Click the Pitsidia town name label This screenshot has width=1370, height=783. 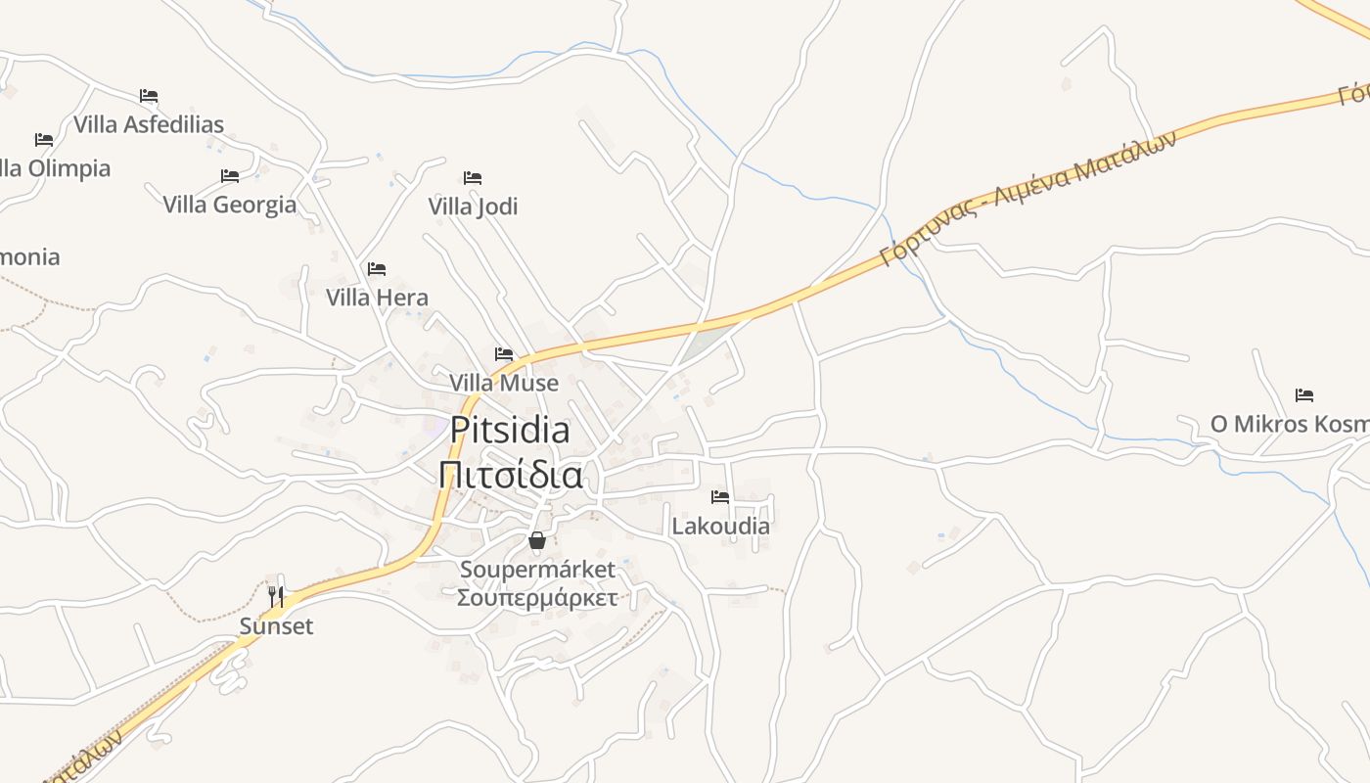coord(510,431)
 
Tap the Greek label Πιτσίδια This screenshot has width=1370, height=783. coord(510,475)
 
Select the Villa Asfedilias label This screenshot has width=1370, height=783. coord(149,124)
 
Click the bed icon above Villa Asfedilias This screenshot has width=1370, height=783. coord(149,96)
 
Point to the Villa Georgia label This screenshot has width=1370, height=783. coord(229,205)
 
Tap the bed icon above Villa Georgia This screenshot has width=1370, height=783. coord(230,176)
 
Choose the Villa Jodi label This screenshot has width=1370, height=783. coord(473,207)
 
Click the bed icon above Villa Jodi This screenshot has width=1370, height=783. coord(473,178)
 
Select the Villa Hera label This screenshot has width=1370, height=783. coord(377,298)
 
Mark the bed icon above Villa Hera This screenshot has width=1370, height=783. coord(377,269)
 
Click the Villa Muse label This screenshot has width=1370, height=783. coord(504,383)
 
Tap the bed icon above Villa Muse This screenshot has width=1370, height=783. coord(504,354)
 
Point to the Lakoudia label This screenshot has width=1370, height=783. coord(720,526)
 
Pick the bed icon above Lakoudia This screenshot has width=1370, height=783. coord(720,497)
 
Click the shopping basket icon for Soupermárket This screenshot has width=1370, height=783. coord(537,539)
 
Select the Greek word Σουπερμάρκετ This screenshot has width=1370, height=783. coord(537,598)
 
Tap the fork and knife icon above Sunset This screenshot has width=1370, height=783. coord(277,596)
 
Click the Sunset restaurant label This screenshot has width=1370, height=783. coord(277,626)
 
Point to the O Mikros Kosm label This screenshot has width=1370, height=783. coord(1289,424)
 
